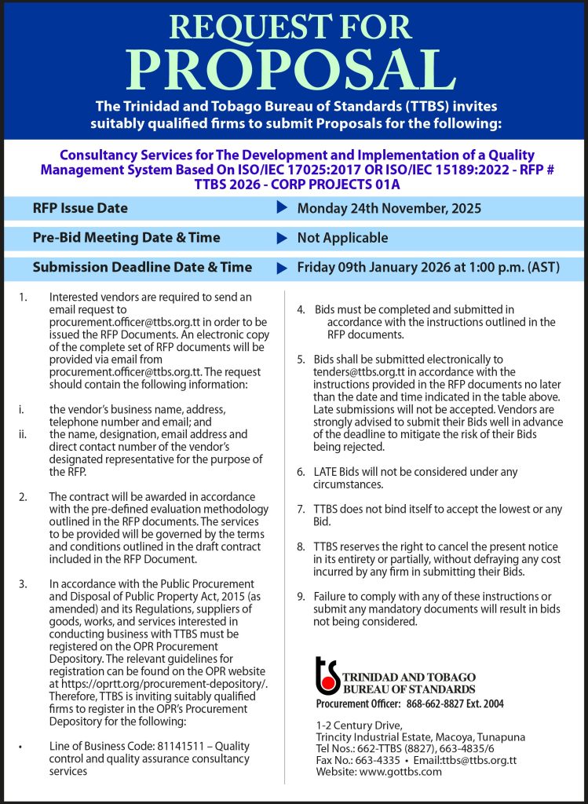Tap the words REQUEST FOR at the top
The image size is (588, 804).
click(x=294, y=27)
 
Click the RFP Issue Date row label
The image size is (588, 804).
click(x=80, y=208)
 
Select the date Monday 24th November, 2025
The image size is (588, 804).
click(x=389, y=208)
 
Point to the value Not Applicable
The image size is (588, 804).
click(x=342, y=238)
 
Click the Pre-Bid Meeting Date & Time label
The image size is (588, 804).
click(x=126, y=238)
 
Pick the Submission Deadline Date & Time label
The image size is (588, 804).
click(x=142, y=267)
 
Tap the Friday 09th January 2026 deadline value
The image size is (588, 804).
click(x=428, y=267)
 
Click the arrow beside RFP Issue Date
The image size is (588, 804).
click(x=282, y=208)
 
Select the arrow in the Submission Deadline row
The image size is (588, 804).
click(x=282, y=268)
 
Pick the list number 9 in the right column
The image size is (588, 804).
click(x=301, y=597)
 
